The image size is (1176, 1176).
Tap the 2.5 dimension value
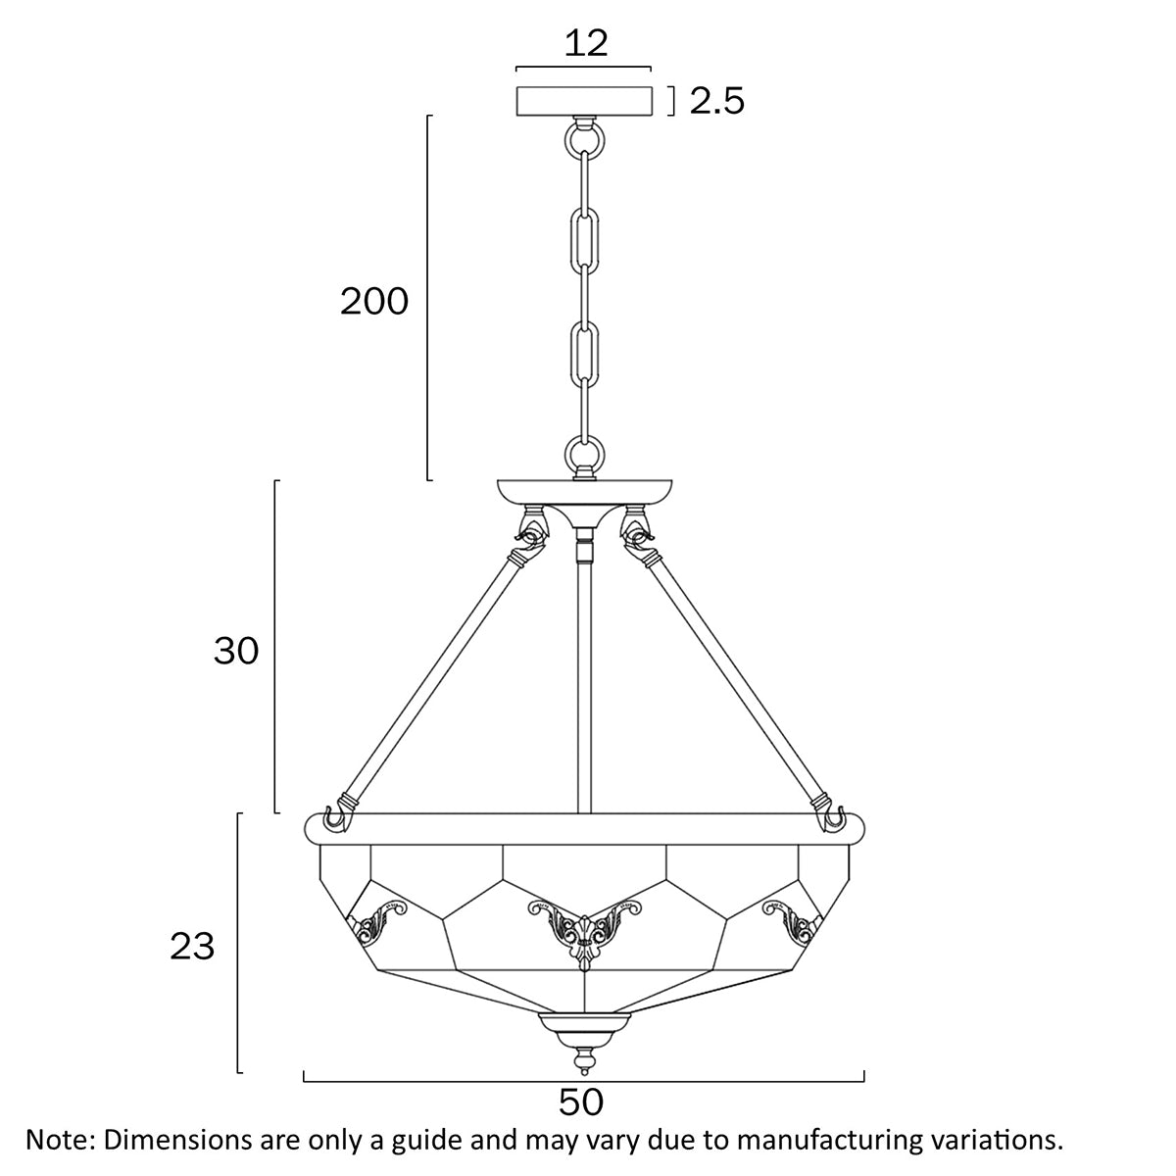tap(717, 101)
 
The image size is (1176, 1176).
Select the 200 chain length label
tap(374, 302)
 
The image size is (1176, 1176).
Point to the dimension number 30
tap(236, 650)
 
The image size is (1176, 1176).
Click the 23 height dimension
tap(192, 947)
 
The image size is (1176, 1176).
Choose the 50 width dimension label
tap(582, 1102)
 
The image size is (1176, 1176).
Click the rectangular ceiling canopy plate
tap(585, 100)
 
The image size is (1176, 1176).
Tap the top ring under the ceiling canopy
tap(585, 140)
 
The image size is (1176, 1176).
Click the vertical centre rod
tap(585, 686)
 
